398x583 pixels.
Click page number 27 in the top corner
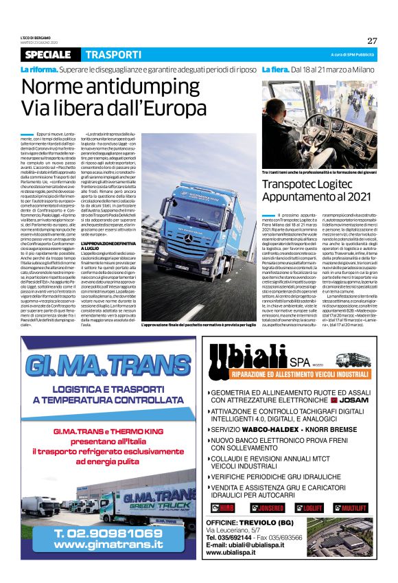[x=372, y=41]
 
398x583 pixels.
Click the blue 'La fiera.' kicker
[x=277, y=69]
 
